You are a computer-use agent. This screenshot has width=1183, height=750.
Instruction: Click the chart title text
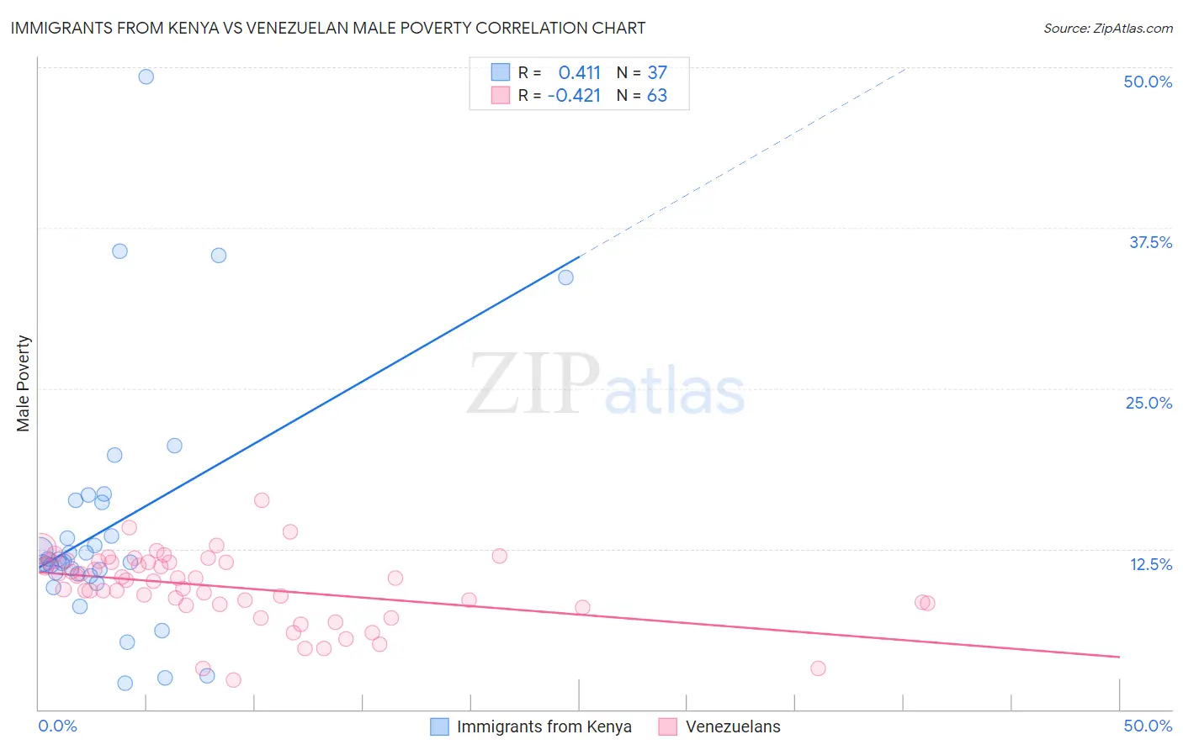[x=328, y=28]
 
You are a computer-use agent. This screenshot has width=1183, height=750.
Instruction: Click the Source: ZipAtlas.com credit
[x=1107, y=29]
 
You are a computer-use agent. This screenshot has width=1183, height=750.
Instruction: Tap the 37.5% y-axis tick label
[x=1150, y=242]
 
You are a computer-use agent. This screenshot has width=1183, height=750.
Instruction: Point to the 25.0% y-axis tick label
[x=1149, y=403]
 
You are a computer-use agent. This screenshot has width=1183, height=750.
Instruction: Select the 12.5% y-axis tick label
[x=1150, y=564]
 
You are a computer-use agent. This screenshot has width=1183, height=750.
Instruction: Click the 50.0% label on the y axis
[x=1148, y=82]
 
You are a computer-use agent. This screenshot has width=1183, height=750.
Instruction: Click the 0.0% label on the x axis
[x=58, y=726]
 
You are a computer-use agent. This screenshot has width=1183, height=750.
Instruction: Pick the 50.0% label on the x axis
[x=1148, y=726]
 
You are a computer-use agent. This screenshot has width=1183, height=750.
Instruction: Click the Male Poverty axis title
[x=24, y=383]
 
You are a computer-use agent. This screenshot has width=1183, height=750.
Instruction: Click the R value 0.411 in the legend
[x=579, y=73]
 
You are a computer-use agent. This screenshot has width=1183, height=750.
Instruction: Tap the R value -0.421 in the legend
[x=574, y=96]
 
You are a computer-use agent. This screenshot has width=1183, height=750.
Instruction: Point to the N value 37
[x=657, y=73]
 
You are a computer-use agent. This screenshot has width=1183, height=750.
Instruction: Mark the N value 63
[x=657, y=96]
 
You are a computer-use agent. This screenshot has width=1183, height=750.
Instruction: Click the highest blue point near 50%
[x=146, y=77]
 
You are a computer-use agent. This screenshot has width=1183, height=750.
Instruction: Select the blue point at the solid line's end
[x=565, y=277]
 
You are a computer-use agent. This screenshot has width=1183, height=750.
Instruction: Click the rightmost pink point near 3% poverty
[x=818, y=668]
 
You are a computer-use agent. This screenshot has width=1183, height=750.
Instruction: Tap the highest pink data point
[x=262, y=500]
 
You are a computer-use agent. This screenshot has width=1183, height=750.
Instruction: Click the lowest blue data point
[x=125, y=683]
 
